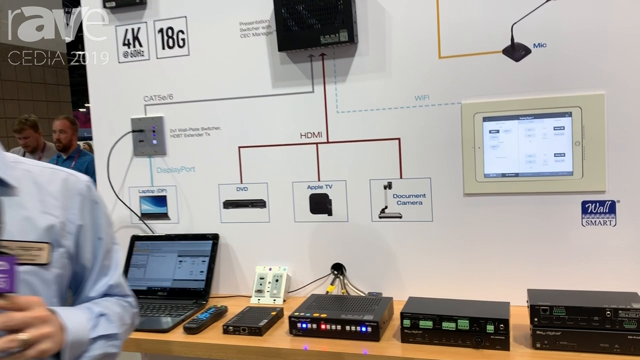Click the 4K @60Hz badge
pos(132,42)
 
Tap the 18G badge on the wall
pos(171,37)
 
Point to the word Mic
pos(539,45)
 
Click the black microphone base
pos(517,53)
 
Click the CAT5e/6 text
pos(158,98)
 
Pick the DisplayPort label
pos(176,170)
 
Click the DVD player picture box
pos(244,202)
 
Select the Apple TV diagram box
pos(320,201)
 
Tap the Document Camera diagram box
pos(401,200)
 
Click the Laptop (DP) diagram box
pos(154,205)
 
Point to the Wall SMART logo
pos(598,213)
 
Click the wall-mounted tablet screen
pos(527,144)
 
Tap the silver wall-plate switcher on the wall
pos(148,135)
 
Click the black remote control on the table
pos(205,318)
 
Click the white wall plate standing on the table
pos(269,285)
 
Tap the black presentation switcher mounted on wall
pos(315,25)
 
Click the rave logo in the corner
pos(57,26)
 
